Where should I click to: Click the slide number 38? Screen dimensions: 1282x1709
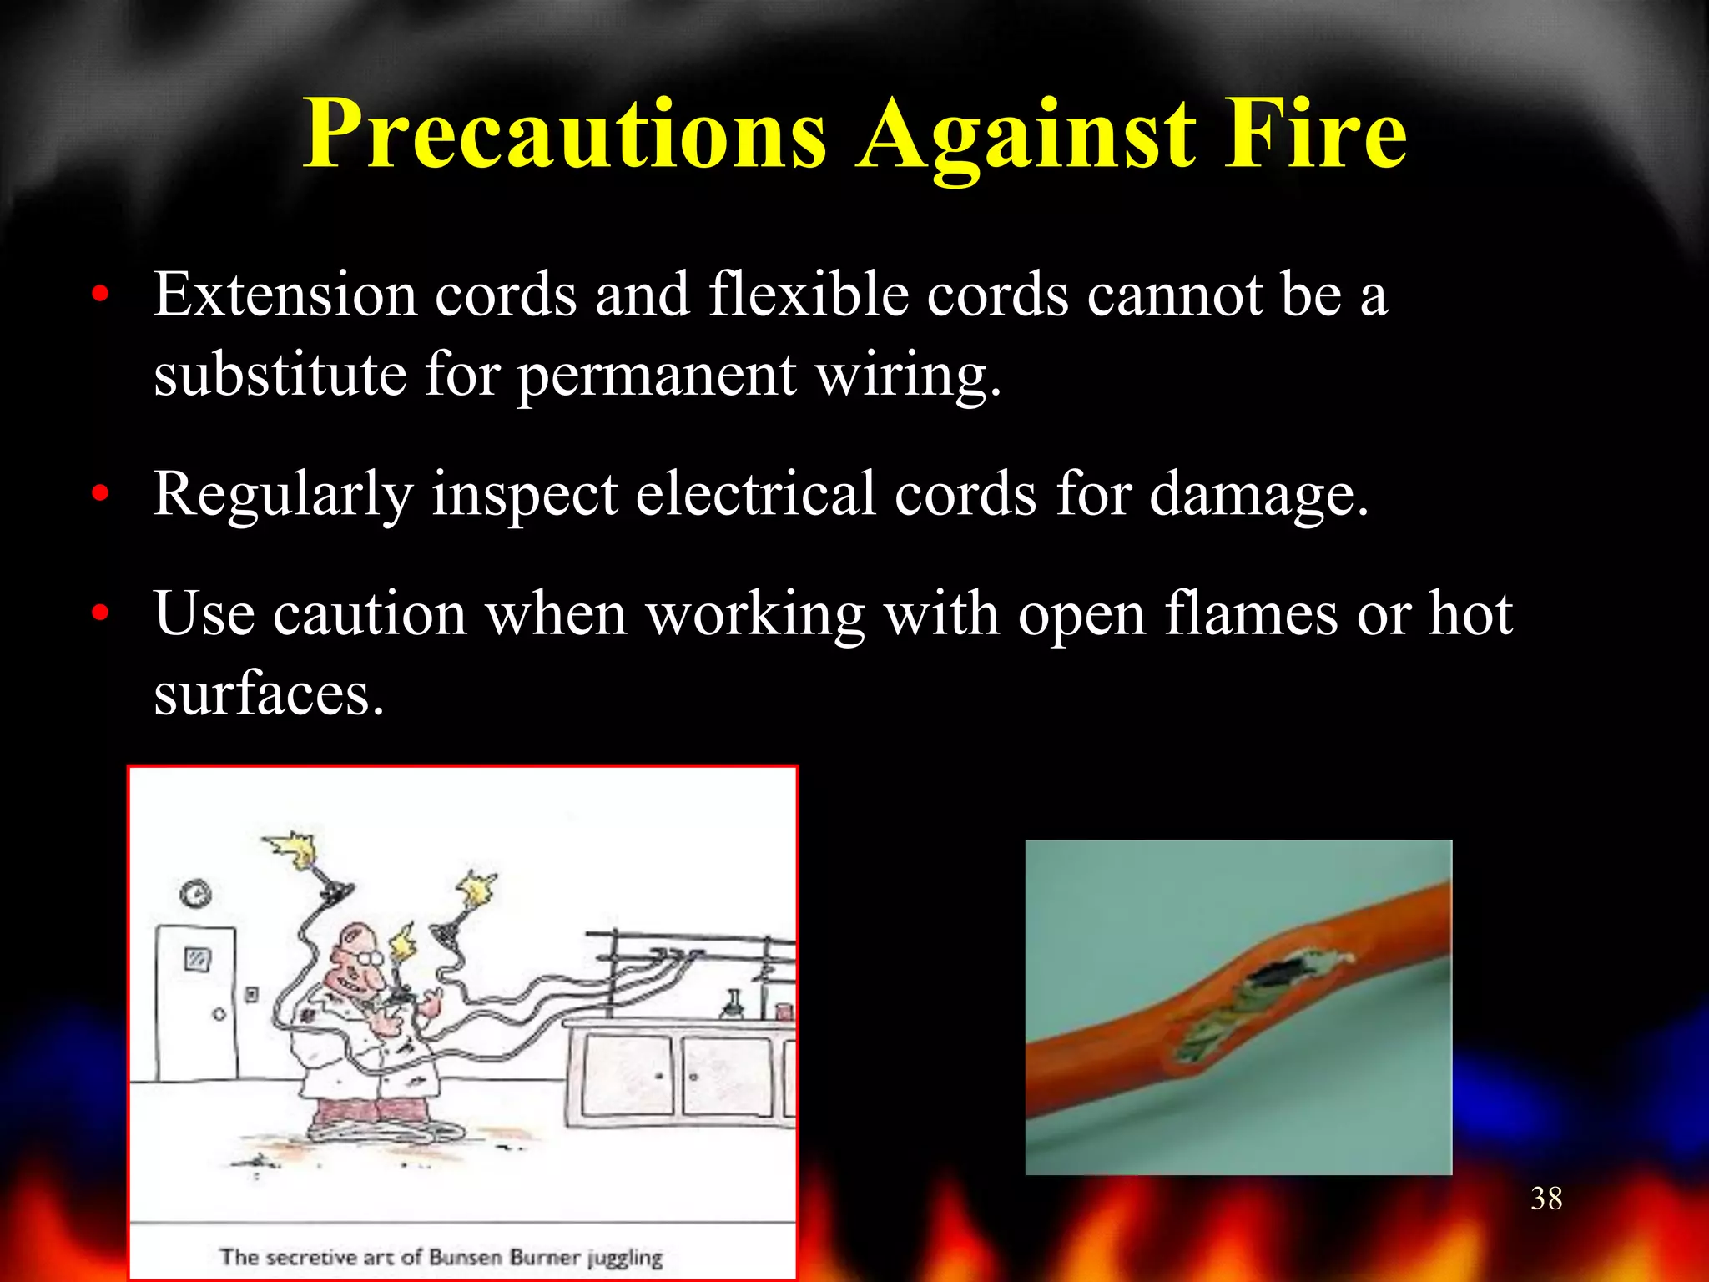point(1546,1199)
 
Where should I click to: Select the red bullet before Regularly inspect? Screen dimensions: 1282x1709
point(101,494)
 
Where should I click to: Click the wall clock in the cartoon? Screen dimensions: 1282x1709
point(195,894)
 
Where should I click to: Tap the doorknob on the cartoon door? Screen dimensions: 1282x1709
point(219,1015)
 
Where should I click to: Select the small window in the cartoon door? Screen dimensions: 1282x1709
point(198,959)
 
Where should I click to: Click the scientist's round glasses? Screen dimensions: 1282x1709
point(371,960)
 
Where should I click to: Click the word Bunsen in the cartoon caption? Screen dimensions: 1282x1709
point(466,1257)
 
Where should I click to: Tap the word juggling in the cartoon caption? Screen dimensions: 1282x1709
point(624,1258)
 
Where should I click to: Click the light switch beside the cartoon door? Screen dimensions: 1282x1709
point(251,994)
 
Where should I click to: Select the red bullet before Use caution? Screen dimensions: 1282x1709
point(101,613)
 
